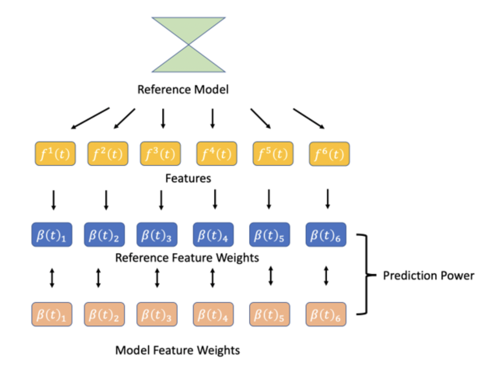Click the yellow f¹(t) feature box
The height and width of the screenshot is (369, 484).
click(55, 154)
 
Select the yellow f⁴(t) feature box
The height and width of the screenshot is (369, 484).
click(216, 154)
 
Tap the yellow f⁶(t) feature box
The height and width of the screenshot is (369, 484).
click(329, 154)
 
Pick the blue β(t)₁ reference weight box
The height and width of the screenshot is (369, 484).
click(51, 235)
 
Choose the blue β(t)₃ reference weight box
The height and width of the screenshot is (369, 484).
click(157, 235)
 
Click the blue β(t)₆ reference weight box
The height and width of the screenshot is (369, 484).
click(326, 235)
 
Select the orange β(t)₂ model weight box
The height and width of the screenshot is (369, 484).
click(104, 314)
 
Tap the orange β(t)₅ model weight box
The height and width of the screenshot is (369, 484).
click(269, 314)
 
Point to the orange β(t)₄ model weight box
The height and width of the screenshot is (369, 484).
click(213, 314)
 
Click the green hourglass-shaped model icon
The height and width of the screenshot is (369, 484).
click(189, 45)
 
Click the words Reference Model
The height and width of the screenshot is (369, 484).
click(183, 90)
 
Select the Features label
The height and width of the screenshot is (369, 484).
click(188, 178)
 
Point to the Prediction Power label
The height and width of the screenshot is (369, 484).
click(428, 275)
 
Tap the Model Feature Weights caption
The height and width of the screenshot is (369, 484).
click(178, 350)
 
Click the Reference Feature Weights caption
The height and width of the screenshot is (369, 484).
click(187, 258)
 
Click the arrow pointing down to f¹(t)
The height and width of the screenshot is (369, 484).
click(90, 118)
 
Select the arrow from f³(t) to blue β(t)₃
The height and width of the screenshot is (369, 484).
click(161, 200)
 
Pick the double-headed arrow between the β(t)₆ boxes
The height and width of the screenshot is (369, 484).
click(326, 276)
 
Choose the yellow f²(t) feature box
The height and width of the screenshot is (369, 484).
click(108, 154)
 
